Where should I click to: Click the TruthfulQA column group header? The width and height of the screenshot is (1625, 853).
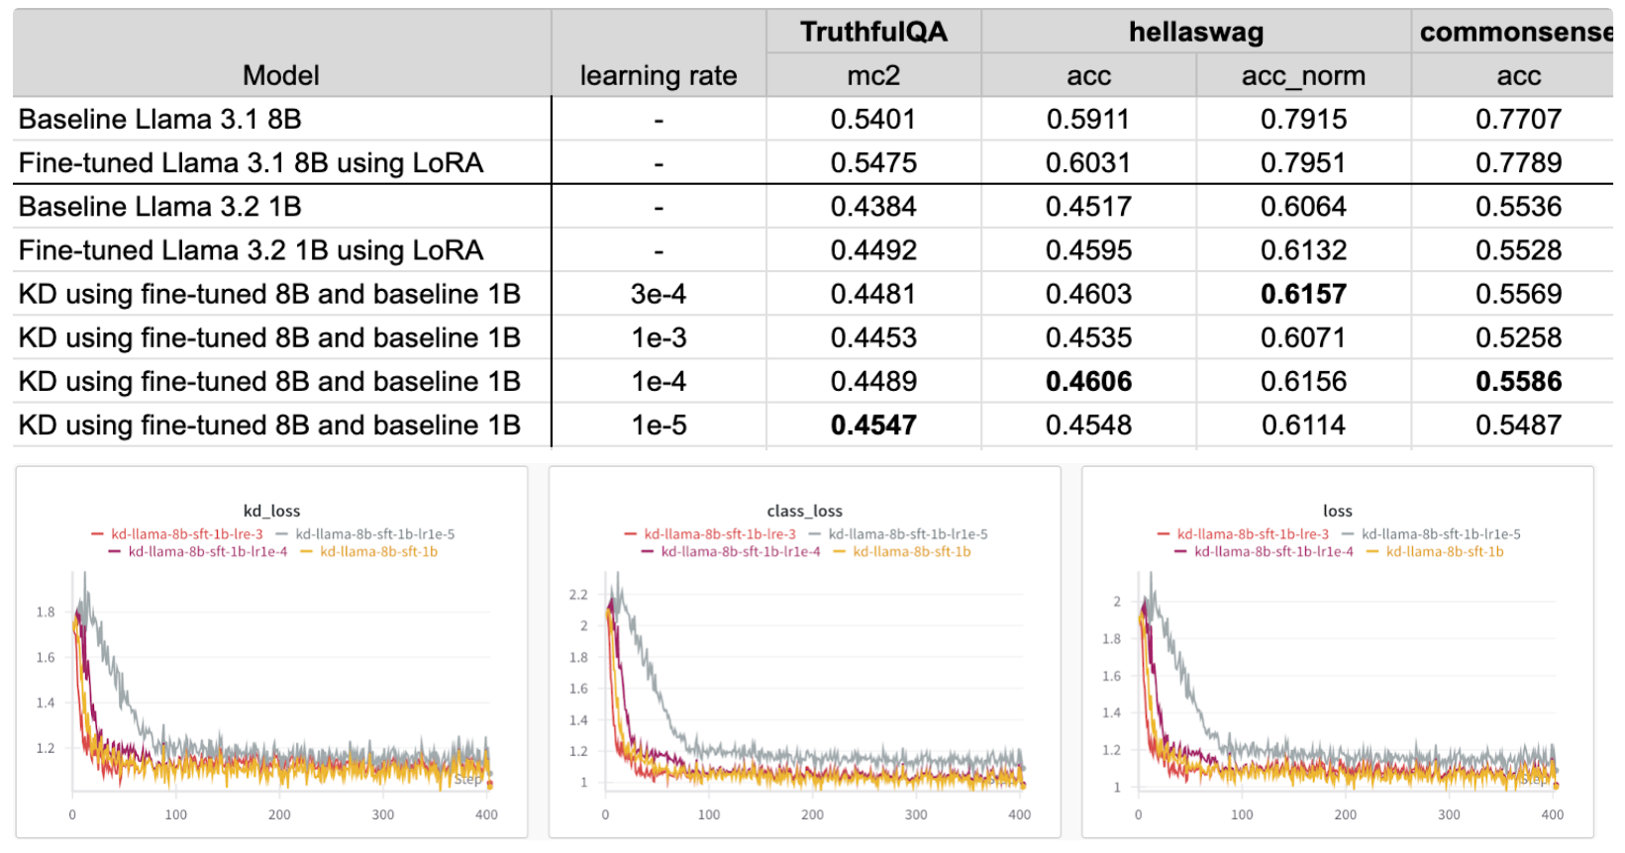click(x=873, y=32)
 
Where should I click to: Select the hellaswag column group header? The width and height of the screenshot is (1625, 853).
click(x=1195, y=32)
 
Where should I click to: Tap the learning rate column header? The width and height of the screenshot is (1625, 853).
click(x=658, y=75)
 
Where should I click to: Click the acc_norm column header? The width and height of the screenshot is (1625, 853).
click(x=1303, y=75)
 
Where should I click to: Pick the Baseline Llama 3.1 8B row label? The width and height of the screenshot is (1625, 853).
click(x=159, y=119)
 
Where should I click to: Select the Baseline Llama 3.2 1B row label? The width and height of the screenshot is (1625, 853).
click(x=159, y=206)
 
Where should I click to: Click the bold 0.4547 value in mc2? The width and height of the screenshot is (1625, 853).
click(x=873, y=425)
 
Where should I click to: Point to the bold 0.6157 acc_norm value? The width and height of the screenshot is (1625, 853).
click(x=1303, y=294)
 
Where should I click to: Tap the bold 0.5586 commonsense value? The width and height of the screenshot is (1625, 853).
click(x=1518, y=381)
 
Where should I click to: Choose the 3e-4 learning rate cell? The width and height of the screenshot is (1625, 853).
click(x=659, y=294)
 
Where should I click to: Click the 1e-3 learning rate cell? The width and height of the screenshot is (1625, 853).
click(x=659, y=337)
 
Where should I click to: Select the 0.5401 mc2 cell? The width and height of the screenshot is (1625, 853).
click(x=873, y=119)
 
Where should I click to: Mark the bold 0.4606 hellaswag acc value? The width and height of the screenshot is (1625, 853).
click(x=1088, y=381)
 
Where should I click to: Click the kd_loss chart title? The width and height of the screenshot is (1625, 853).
click(x=271, y=511)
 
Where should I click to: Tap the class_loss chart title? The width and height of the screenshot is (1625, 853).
click(x=804, y=511)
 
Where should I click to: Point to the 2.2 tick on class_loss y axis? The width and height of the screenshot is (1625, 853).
click(x=578, y=595)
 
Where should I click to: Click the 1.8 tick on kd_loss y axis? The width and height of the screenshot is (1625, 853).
click(x=46, y=612)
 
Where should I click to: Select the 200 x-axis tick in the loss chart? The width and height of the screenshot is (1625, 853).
click(x=1345, y=814)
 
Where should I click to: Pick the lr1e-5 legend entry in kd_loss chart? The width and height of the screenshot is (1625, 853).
click(x=374, y=534)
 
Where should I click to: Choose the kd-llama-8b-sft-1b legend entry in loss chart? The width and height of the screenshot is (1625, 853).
click(x=1444, y=551)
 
